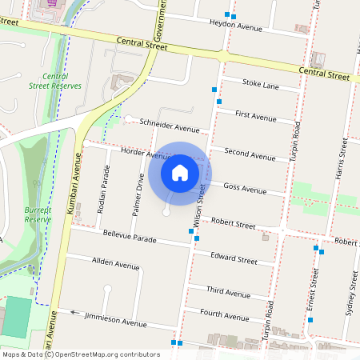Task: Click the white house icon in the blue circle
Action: click(x=180, y=172)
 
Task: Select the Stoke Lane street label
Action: click(x=260, y=85)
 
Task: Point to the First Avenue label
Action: click(x=256, y=115)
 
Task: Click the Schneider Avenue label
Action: click(x=169, y=127)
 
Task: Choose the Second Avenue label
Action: click(x=251, y=152)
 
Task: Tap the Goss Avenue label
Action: click(x=245, y=190)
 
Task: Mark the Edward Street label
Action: click(x=234, y=260)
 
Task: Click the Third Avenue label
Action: click(x=227, y=293)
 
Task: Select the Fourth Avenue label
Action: click(x=225, y=315)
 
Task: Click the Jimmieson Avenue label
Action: click(x=118, y=319)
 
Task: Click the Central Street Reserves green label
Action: click(x=55, y=81)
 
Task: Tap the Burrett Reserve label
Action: click(x=38, y=214)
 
